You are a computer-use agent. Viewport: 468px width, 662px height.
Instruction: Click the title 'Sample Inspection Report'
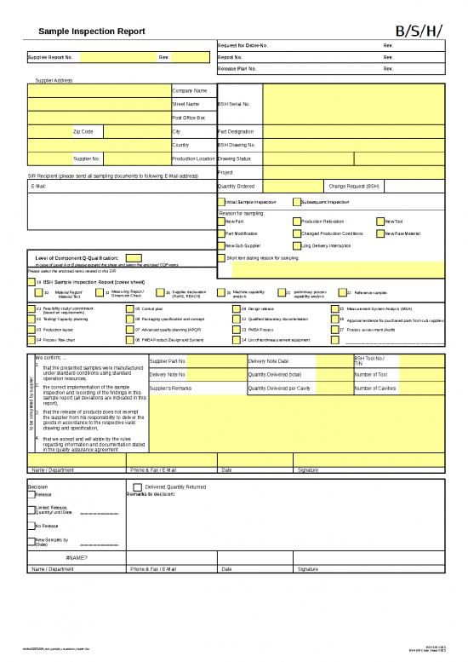[92, 31]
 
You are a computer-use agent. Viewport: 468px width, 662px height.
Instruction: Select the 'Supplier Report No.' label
[51, 57]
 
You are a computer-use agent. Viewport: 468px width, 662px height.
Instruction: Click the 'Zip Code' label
[83, 132]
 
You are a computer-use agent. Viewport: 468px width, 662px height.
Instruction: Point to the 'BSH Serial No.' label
[233, 104]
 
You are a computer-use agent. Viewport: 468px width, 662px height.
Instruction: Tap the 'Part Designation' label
[236, 132]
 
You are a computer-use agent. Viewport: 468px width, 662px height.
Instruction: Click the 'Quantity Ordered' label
[236, 185]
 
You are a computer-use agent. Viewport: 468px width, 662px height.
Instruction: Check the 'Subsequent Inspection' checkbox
[294, 202]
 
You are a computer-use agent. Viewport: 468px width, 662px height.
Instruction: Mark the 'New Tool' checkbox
[382, 222]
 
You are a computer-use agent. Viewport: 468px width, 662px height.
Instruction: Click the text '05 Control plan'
[151, 308]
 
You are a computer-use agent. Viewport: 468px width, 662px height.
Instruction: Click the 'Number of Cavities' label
[374, 389]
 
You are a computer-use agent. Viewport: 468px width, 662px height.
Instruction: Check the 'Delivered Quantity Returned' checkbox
[138, 487]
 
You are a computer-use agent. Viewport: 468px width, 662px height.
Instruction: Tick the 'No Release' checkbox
[31, 526]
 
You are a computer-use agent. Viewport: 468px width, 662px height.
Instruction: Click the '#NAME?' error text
[76, 558]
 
